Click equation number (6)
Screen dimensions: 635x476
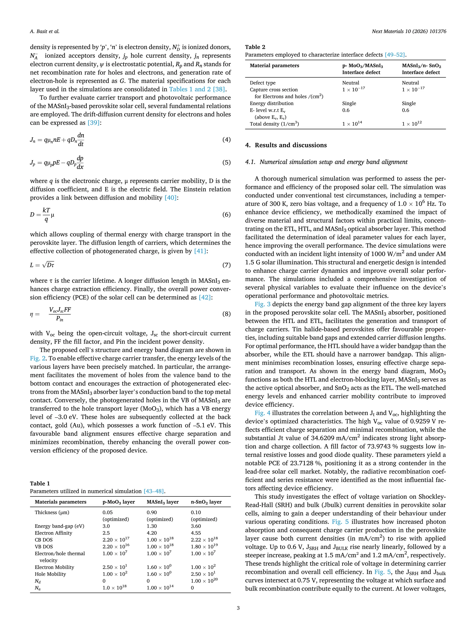[x=226, y=215]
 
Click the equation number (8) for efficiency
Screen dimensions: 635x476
[x=226, y=314]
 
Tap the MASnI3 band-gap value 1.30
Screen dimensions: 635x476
[x=152, y=526]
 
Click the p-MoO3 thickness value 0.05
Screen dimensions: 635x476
[x=108, y=512]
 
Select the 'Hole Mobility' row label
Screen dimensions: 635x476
[x=50, y=574]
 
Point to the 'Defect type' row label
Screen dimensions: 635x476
[x=263, y=83]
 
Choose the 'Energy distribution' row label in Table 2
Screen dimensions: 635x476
[x=271, y=103]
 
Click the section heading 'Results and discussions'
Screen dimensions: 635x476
[x=290, y=145]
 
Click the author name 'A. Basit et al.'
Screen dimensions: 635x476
[x=44, y=32]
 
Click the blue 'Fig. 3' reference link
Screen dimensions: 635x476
[x=262, y=304]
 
